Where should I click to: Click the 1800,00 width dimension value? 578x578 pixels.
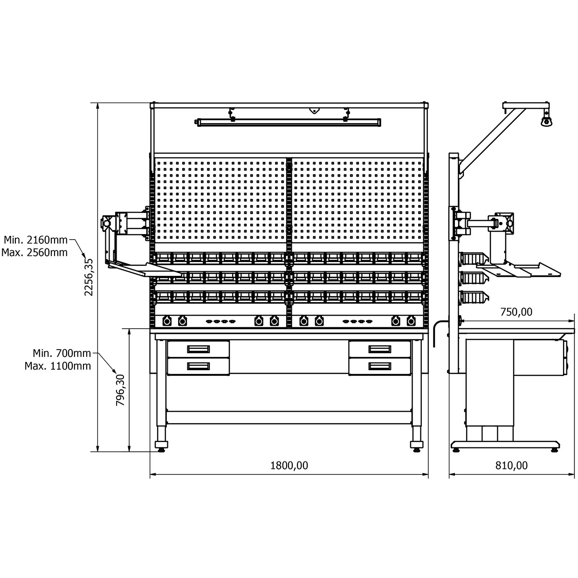pos(289,466)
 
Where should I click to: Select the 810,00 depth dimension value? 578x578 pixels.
pos(511,466)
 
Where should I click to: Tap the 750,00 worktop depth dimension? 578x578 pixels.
pos(516,312)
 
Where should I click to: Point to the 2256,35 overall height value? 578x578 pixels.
pos(89,277)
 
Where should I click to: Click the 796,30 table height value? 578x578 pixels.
pos(120,390)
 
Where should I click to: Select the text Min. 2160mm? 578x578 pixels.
pos(36,240)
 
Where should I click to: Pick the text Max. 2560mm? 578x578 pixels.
pos(34,253)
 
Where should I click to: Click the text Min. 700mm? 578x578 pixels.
pos(62,353)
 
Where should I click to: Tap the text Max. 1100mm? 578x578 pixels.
pos(58,366)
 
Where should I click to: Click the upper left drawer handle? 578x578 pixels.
pos(198,349)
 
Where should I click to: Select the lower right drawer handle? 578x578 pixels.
pos(380,366)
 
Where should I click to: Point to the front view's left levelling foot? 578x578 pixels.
pos(161,446)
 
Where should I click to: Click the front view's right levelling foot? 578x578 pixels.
pos(417,446)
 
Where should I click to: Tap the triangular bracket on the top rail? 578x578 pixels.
pos(314,110)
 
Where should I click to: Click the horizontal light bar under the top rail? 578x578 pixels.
pos(289,123)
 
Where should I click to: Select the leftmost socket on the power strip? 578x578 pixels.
pos(167,321)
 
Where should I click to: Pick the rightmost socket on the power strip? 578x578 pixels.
pos(411,321)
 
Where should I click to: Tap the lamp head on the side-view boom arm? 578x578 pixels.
pos(546,119)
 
